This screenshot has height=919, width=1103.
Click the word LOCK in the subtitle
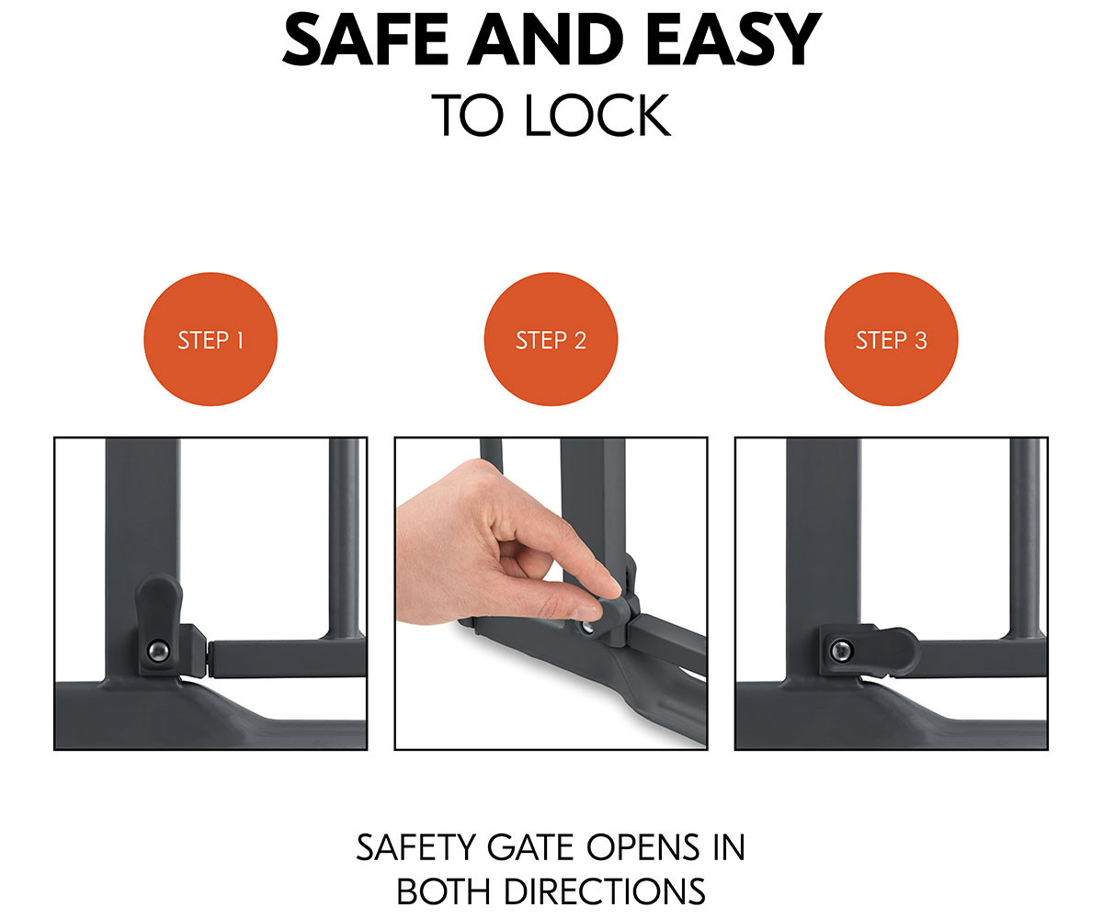click(597, 115)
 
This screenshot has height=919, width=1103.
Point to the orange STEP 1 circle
click(210, 339)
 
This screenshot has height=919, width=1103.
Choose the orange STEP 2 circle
click(551, 339)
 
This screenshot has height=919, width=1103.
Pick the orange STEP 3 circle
click(892, 339)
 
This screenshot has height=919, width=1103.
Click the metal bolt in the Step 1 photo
click(158, 650)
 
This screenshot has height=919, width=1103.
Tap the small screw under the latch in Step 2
click(586, 628)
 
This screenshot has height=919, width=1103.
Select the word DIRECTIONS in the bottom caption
click(604, 892)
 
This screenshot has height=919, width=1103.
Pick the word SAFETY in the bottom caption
click(416, 847)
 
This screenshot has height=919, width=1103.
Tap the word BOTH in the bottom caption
click(444, 892)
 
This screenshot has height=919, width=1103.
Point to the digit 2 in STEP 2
click(580, 340)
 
